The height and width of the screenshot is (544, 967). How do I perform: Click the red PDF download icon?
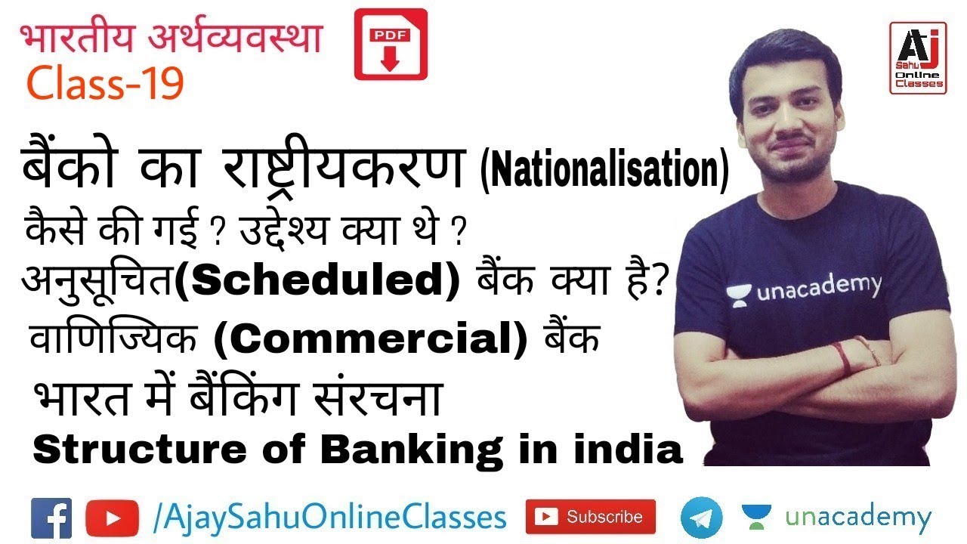[391, 44]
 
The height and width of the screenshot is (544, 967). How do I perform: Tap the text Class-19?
[106, 84]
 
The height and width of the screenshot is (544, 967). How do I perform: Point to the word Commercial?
[370, 342]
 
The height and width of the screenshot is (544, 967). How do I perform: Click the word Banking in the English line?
[410, 450]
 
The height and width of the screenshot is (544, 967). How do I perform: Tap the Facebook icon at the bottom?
[51, 518]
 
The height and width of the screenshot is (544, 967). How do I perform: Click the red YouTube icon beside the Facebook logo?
[112, 518]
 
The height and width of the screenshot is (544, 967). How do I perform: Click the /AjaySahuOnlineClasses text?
[329, 518]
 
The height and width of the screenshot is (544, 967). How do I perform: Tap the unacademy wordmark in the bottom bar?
[857, 518]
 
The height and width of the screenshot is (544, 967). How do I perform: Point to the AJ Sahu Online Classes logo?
[917, 57]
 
